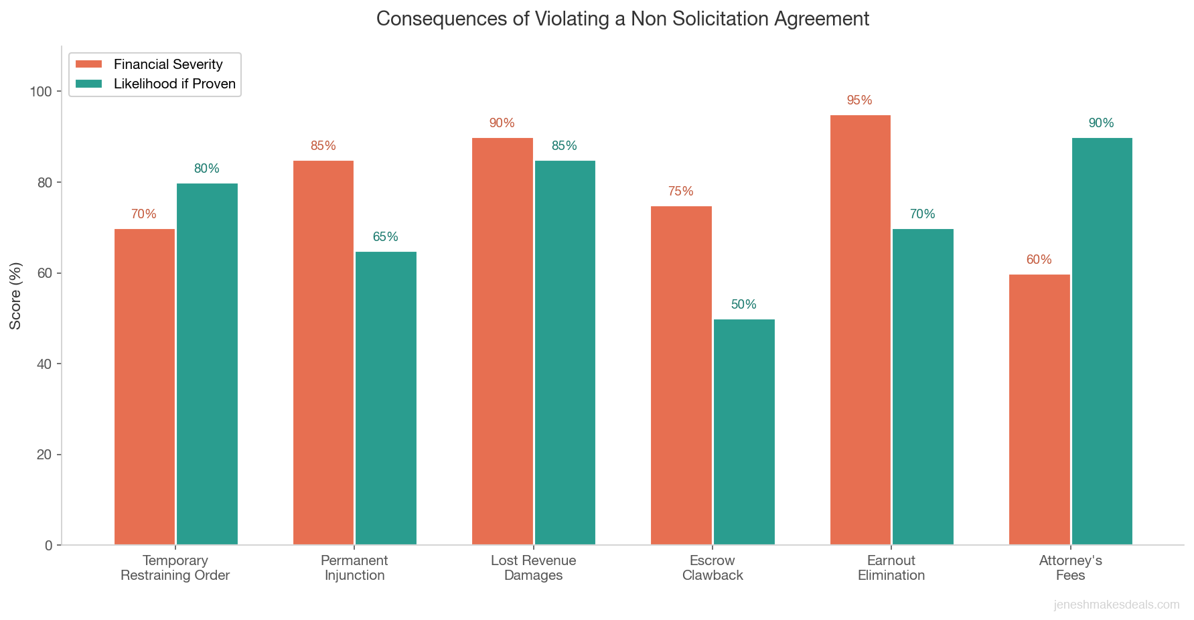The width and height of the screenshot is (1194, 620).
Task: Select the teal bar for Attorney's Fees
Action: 1102,341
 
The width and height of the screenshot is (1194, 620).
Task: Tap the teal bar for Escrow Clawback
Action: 744,432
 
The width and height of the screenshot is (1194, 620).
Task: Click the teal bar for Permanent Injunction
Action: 386,398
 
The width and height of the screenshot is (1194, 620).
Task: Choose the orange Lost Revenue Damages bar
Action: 502,341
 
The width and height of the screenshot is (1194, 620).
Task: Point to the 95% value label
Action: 859,100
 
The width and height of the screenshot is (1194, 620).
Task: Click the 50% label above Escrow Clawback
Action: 743,305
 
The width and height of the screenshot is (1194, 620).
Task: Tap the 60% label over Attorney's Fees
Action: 1039,260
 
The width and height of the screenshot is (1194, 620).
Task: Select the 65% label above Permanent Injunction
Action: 385,237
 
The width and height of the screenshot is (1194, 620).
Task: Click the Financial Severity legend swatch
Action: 88,64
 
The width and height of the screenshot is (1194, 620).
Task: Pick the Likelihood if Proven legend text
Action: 175,84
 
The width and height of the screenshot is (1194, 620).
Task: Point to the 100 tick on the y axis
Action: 41,92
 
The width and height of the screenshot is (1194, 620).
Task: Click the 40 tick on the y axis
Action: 44,364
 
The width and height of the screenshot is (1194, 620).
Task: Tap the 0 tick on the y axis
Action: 48,546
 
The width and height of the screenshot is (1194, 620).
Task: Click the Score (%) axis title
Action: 15,295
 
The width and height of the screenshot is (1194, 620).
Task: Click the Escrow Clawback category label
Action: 713,568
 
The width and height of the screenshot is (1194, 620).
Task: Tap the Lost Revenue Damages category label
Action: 533,568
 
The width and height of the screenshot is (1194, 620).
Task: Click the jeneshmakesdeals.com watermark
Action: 1116,605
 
